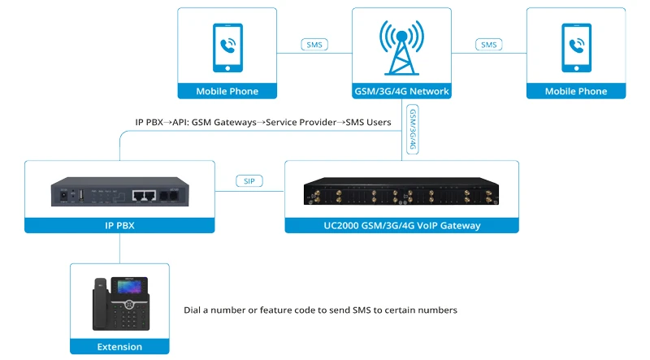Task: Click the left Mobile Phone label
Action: tap(227, 91)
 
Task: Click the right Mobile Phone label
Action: tap(576, 91)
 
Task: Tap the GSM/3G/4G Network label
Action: tap(401, 91)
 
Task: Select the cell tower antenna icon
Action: tap(401, 46)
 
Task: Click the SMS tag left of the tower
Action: tap(314, 45)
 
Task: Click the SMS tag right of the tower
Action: tap(488, 45)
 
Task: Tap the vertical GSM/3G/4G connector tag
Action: tap(413, 130)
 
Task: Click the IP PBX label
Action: tap(119, 225)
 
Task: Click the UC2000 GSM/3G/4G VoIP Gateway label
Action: tap(401, 225)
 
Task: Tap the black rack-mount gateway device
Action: tap(401, 192)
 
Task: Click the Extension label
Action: tap(119, 347)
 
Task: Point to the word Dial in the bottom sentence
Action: tap(193, 310)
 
